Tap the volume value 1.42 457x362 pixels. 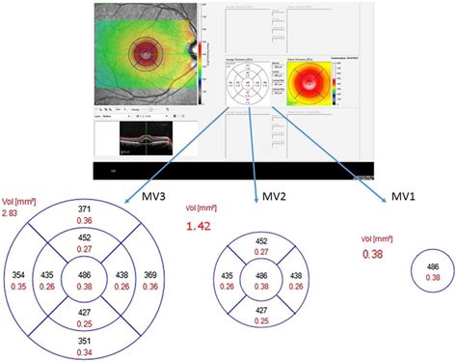[198, 228]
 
